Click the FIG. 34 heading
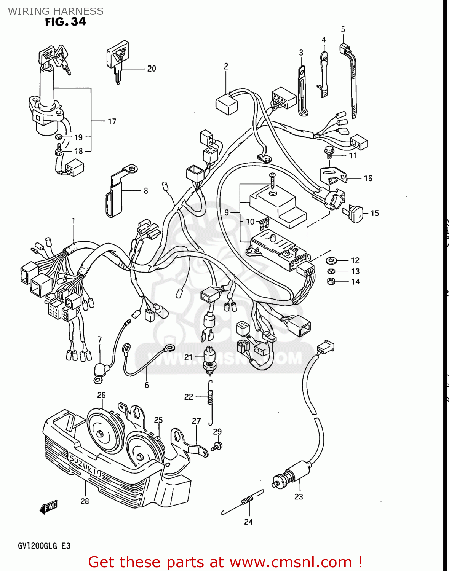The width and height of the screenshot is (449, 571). pyautogui.click(x=66, y=22)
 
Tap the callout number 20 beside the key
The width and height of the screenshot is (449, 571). pyautogui.click(x=152, y=69)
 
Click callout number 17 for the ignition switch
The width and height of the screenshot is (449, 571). pyautogui.click(x=112, y=121)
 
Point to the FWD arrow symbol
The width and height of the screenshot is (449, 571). pyautogui.click(x=49, y=507)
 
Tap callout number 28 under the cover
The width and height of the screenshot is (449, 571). pyautogui.click(x=85, y=501)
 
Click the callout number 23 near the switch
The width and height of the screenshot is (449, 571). pyautogui.click(x=299, y=497)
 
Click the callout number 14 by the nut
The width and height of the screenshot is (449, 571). pyautogui.click(x=355, y=282)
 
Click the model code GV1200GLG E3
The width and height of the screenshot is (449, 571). pyautogui.click(x=44, y=545)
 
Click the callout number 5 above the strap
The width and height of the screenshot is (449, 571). pyautogui.click(x=343, y=29)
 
